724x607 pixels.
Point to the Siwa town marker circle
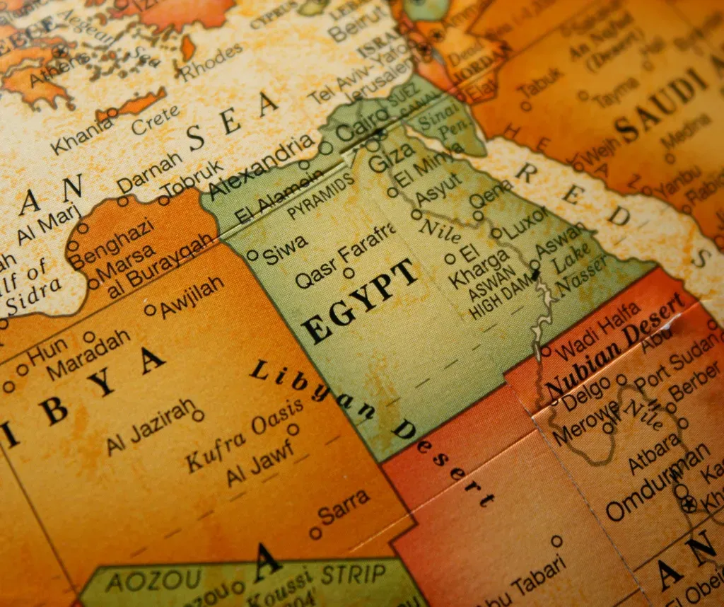click(252, 255)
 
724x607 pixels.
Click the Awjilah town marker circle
click(150, 309)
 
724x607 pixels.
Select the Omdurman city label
click(658, 480)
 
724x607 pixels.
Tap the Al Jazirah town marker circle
click(198, 415)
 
